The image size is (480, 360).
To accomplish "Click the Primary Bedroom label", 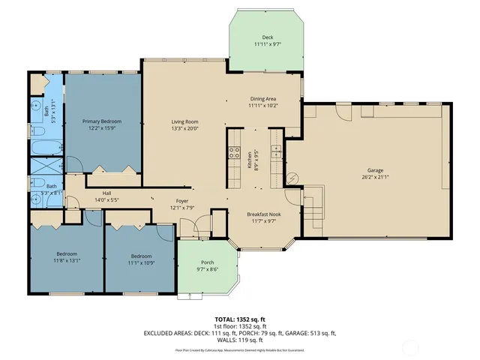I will [x=101, y=121].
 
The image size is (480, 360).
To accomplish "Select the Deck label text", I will [x=268, y=37].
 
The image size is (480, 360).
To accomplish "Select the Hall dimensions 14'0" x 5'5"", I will [x=106, y=199].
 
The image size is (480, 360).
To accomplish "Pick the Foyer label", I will [x=182, y=200].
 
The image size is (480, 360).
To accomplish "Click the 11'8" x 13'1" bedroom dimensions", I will [x=66, y=261].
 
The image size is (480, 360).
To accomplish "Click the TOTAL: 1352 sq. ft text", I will [x=240, y=319].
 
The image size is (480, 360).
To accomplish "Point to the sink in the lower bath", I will [x=36, y=199].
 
